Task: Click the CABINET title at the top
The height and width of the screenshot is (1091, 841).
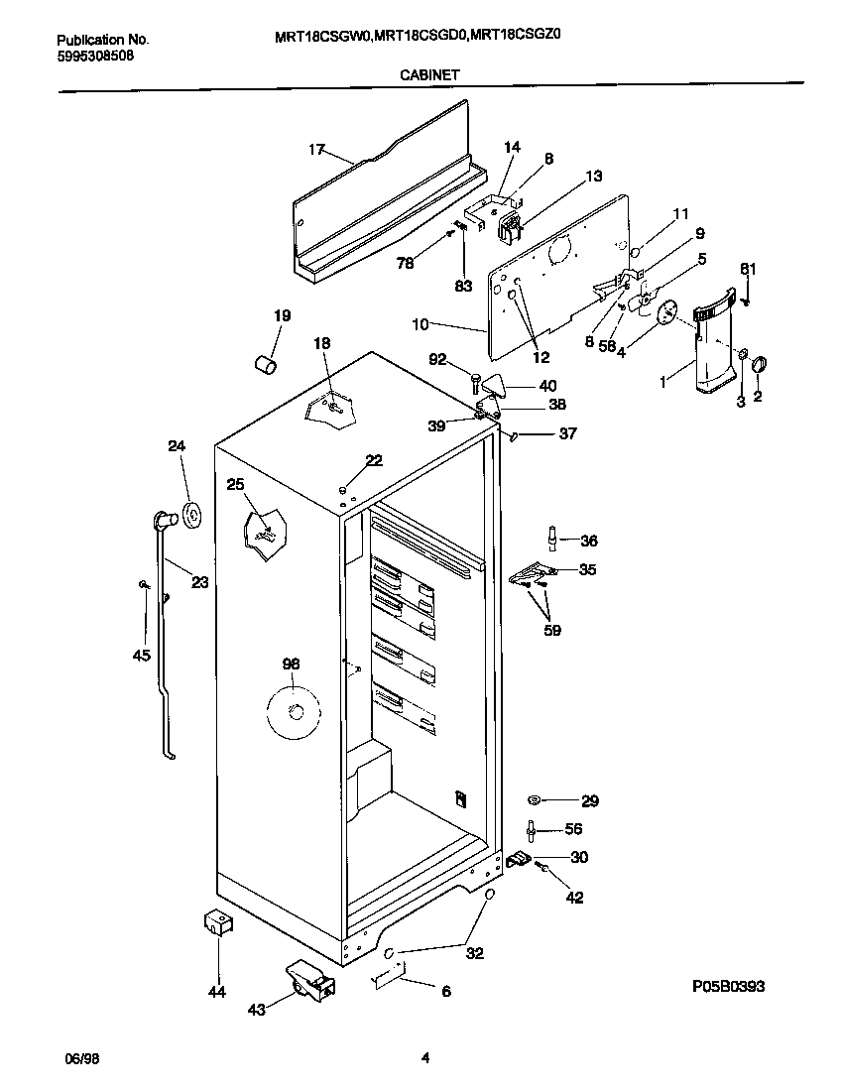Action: [x=428, y=73]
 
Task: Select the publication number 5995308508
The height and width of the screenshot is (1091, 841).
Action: [x=95, y=56]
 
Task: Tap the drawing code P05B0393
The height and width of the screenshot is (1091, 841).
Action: [x=728, y=986]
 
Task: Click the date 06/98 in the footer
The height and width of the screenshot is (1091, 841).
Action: [x=80, y=1058]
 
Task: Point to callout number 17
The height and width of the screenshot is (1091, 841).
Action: [x=316, y=150]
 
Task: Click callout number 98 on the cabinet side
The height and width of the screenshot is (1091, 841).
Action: [x=290, y=664]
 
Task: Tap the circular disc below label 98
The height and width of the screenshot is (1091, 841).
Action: [x=294, y=709]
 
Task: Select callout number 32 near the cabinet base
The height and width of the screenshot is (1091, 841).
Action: [x=475, y=953]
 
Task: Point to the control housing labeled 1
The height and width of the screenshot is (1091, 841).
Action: [x=713, y=347]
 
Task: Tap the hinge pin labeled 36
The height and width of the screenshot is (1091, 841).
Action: [x=552, y=537]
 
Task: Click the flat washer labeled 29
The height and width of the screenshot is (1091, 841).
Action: [x=534, y=800]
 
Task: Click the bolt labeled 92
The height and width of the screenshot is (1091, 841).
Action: [x=477, y=379]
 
